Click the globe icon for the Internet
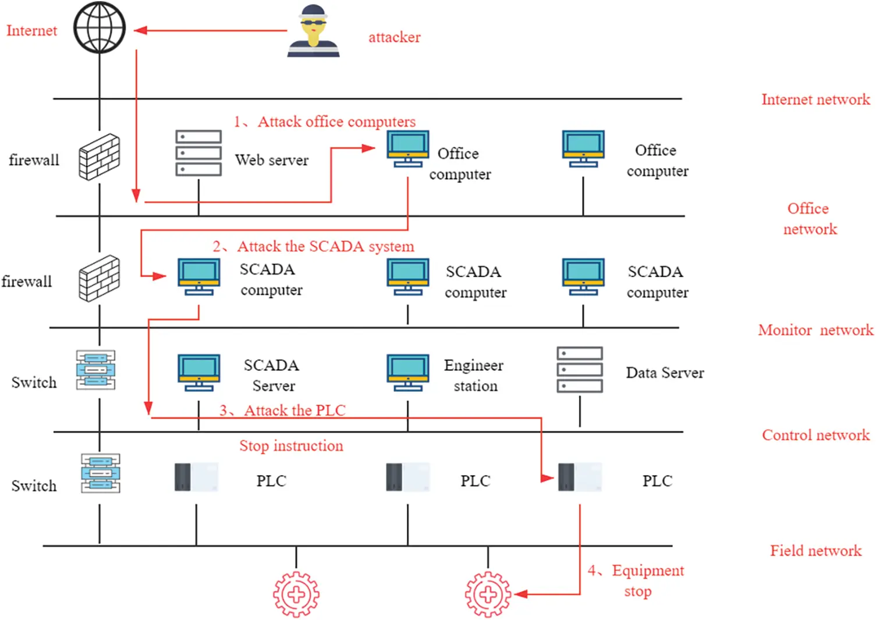pos(100,27)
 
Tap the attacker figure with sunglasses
pos(313,31)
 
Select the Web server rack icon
pos(198,153)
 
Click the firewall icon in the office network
pos(100,157)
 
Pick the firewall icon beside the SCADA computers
pos(100,278)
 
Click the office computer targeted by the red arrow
pos(407,149)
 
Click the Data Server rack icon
pos(580,370)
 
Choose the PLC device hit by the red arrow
pos(580,477)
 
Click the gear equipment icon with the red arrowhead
pos(488,594)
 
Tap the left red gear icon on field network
pos(296,594)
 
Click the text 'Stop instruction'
pos(291,446)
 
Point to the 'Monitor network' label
pos(815,330)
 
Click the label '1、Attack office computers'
pos(325,122)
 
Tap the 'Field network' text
pos(815,551)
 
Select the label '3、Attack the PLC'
pos(282,410)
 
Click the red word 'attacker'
pos(394,37)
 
